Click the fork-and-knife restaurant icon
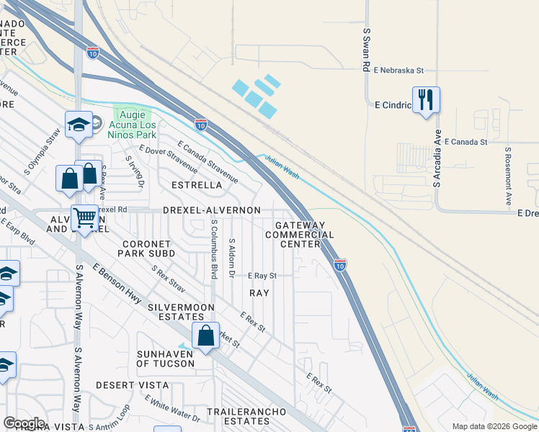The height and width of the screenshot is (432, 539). point(425,99)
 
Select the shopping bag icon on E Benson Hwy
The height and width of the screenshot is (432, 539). point(205,336)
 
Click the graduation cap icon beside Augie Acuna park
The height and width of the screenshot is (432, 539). point(79,125)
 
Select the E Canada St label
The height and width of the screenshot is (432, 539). point(466,142)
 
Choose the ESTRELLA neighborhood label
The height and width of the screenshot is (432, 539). point(196,185)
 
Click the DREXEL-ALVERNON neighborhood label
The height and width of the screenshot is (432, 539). point(212,210)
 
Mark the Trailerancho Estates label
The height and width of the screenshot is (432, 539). point(255,416)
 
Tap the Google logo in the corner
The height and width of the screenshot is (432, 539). point(24,423)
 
